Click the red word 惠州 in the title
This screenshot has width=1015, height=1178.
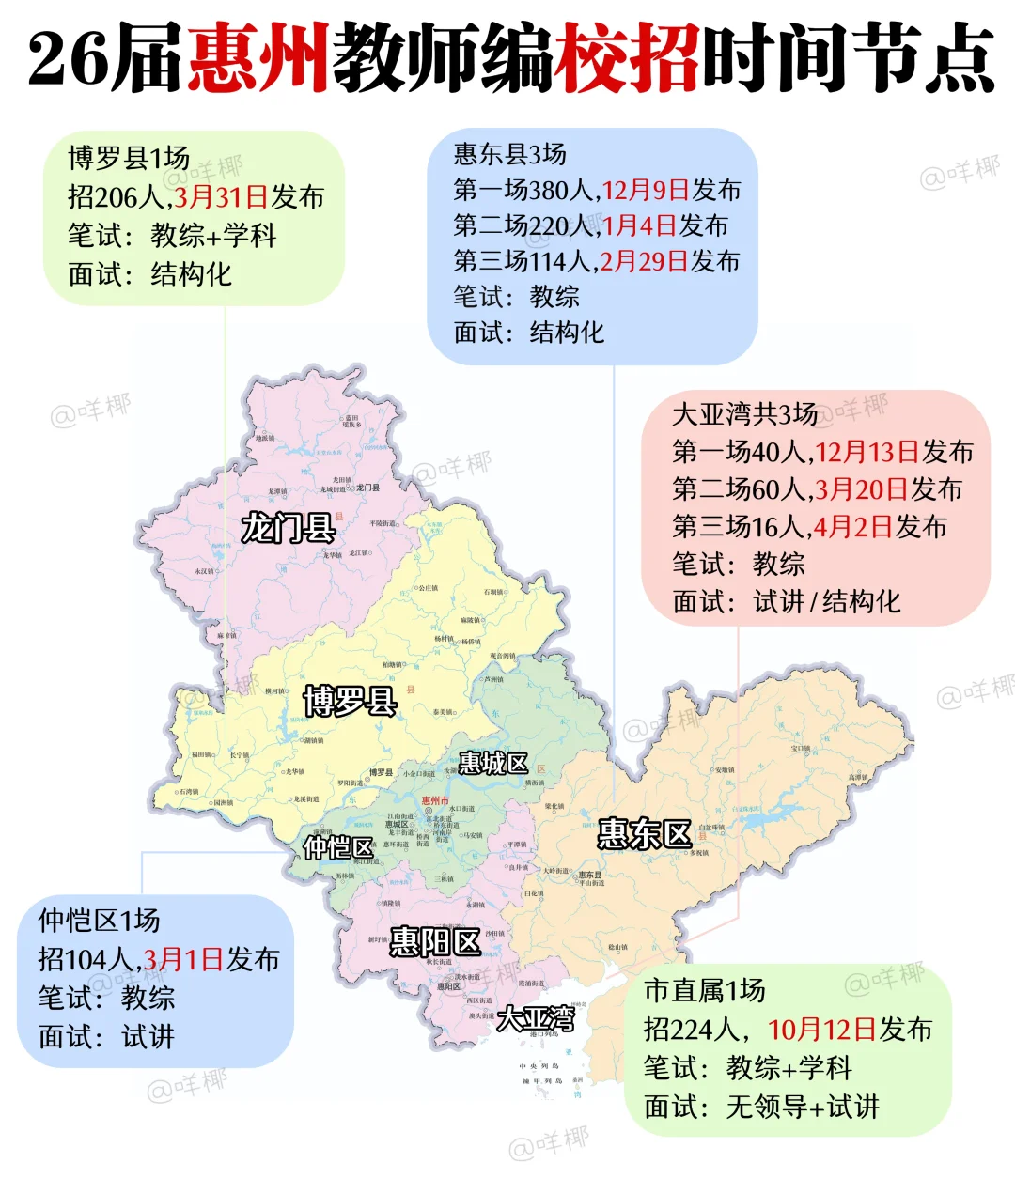pyautogui.click(x=258, y=58)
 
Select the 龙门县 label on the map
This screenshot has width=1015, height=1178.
pyautogui.click(x=288, y=528)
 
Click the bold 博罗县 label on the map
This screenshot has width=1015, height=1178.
pyautogui.click(x=350, y=701)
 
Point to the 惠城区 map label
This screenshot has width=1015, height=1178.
pyautogui.click(x=493, y=764)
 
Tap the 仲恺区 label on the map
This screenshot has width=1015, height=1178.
pyautogui.click(x=338, y=847)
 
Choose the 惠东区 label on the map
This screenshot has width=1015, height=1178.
pyautogui.click(x=645, y=833)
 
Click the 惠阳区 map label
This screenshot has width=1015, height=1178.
pyautogui.click(x=435, y=941)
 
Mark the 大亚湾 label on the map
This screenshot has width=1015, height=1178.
pyautogui.click(x=536, y=1018)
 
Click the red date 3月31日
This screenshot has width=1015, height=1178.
pyautogui.click(x=221, y=197)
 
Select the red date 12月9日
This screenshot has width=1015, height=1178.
pyautogui.click(x=646, y=191)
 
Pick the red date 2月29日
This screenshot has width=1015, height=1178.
pyautogui.click(x=645, y=261)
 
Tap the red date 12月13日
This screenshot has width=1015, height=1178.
pyautogui.click(x=866, y=452)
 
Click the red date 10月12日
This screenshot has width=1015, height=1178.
pyautogui.click(x=821, y=1030)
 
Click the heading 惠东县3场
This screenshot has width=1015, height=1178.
pyautogui.click(x=509, y=154)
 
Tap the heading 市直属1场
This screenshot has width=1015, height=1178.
pyautogui.click(x=704, y=990)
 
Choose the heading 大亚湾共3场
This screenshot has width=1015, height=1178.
pyautogui.click(x=744, y=414)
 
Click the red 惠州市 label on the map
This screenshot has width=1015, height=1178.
pyautogui.click(x=435, y=800)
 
